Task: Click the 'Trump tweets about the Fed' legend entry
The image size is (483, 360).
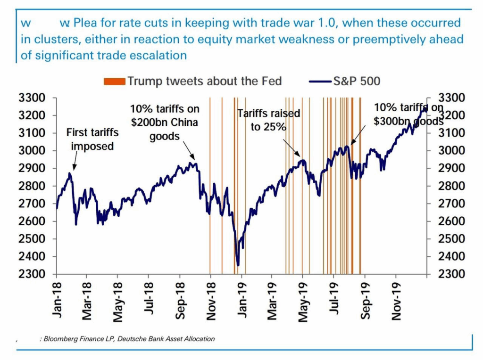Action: click(x=204, y=81)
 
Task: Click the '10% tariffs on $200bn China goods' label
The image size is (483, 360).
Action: click(x=165, y=123)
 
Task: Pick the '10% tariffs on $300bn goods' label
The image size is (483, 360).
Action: click(x=408, y=115)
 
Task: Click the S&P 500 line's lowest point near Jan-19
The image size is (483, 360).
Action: click(x=238, y=265)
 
